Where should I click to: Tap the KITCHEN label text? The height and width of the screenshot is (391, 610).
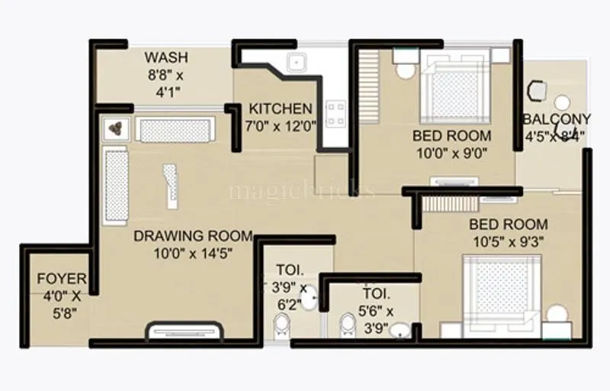pos(281,108)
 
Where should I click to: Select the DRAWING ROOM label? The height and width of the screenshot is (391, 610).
pos(182,235)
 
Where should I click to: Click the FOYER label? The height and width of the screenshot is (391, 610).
pos(61,279)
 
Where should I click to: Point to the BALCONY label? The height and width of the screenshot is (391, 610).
pos(557,119)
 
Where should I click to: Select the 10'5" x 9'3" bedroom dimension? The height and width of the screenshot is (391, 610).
pos(508,242)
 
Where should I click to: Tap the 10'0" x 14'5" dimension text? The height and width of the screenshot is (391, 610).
pos(182,253)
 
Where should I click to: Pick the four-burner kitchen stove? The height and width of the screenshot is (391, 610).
pos(335,114)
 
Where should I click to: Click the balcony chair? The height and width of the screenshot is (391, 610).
pos(538,90)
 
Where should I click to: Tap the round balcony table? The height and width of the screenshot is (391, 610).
pos(562,102)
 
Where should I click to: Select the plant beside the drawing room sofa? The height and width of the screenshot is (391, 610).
pos(117,128)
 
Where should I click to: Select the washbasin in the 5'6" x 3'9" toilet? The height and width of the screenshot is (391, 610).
pos(417,331)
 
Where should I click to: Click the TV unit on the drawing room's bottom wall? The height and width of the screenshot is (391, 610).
pos(184,332)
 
